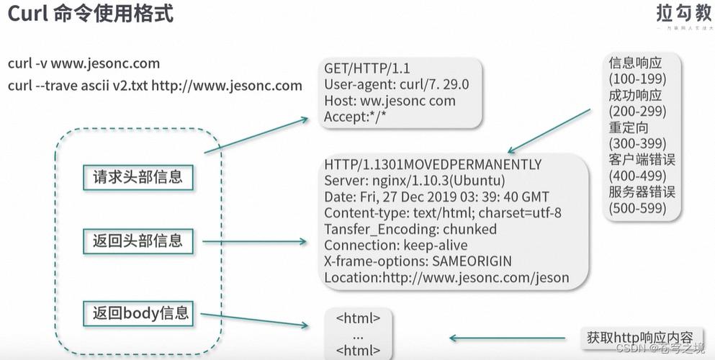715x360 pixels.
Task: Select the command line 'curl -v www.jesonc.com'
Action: coord(84,63)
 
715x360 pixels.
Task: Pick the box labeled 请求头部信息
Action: coord(138,177)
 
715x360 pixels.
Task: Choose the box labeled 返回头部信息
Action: coord(138,240)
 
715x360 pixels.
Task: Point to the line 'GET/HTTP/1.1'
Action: coord(367,68)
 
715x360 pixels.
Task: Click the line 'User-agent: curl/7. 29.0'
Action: coord(396,84)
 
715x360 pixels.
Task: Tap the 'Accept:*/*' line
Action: coord(356,117)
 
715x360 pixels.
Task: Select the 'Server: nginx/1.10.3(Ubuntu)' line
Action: coord(414,181)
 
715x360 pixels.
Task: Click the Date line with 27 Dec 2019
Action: coord(436,197)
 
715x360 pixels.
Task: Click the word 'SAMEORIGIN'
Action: coord(473,261)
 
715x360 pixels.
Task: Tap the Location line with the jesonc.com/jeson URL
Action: coord(446,278)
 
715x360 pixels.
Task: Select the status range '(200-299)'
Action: coord(637,111)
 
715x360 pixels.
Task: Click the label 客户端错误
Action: coord(642,159)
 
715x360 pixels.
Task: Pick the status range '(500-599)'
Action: coord(637,208)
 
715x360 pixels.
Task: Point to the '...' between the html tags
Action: coord(359,335)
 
